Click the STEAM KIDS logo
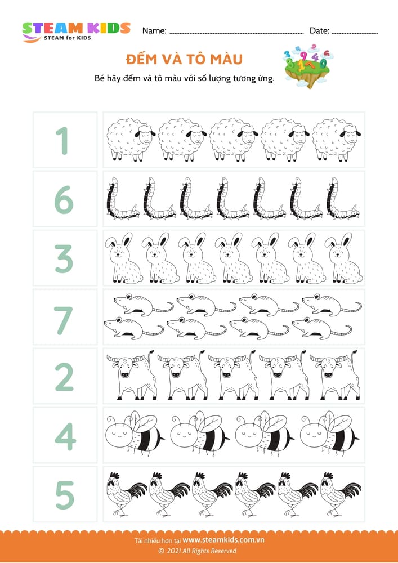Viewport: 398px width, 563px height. pyautogui.click(x=76, y=32)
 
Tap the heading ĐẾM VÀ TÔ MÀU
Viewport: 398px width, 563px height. pyautogui.click(x=185, y=59)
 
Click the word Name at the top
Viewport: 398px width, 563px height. pyautogui.click(x=154, y=31)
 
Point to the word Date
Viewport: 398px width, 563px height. pyautogui.click(x=319, y=31)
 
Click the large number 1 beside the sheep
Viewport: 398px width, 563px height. pyautogui.click(x=63, y=141)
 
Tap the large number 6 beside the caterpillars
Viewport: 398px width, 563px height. pyautogui.click(x=64, y=200)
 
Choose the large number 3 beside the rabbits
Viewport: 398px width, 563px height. pyautogui.click(x=64, y=258)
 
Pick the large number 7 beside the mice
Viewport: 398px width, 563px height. pyautogui.click(x=64, y=320)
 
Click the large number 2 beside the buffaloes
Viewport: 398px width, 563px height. pyautogui.click(x=64, y=377)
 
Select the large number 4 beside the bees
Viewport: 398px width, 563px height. pyautogui.click(x=65, y=436)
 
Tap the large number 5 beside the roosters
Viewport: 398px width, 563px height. pyautogui.click(x=65, y=495)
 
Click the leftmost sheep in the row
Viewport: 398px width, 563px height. pyautogui.click(x=131, y=140)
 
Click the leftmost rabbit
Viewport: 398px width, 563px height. pyautogui.click(x=123, y=258)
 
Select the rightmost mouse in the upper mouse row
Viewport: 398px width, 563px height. pyautogui.click(x=332, y=305)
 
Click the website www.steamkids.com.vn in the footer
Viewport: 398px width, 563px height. pyautogui.click(x=223, y=540)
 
